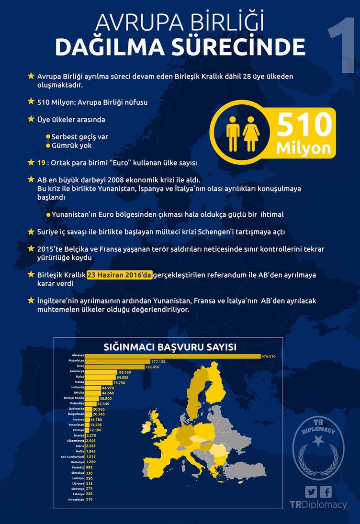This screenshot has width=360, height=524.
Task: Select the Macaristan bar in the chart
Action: point(117,361)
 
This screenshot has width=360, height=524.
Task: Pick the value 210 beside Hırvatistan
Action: point(89,499)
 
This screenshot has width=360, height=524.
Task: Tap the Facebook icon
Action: point(326,492)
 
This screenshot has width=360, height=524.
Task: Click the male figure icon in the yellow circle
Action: point(233,133)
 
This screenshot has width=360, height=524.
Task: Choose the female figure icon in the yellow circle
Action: point(251,133)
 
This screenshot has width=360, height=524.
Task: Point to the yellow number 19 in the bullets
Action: point(41,163)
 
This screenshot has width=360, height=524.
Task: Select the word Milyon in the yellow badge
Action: point(303,148)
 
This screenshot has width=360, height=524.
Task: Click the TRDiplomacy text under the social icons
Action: point(318,505)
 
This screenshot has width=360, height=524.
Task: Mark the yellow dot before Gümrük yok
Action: point(48,145)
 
